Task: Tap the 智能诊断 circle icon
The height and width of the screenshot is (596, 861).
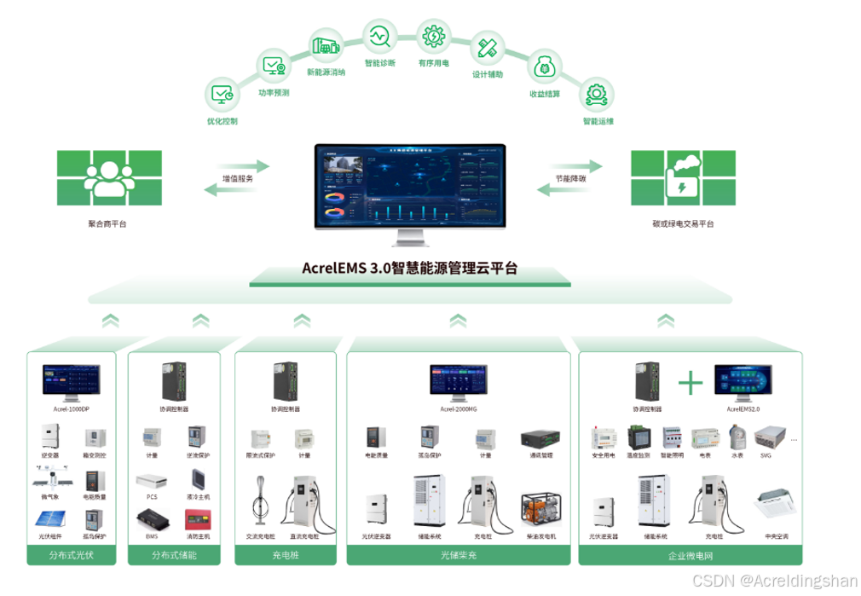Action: pos(378,37)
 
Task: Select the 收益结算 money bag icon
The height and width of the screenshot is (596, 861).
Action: pos(545,66)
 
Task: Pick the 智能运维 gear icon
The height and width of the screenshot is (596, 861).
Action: pos(597,94)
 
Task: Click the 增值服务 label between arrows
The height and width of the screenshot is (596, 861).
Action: pos(238,179)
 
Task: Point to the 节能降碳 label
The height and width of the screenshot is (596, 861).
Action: pos(570,179)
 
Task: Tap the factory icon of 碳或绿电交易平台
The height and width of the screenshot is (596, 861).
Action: pos(682,177)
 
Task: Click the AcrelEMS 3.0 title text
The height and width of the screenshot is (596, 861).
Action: pos(409,268)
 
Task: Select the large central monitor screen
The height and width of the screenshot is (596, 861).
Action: pos(409,186)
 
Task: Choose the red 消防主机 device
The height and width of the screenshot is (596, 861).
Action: pos(198,518)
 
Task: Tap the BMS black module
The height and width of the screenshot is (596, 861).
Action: pos(152,518)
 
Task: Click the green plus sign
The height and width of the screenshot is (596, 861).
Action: pos(690,382)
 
